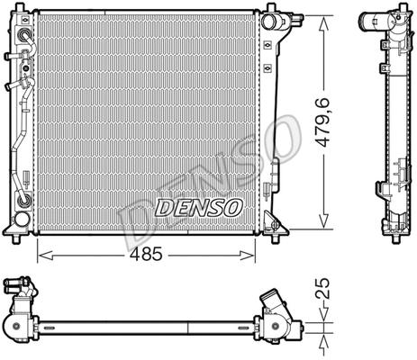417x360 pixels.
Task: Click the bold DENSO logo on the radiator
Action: [x=199, y=208]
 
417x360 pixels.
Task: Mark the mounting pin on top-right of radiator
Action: [x=267, y=13]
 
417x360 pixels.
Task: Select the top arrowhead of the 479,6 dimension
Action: [x=322, y=19]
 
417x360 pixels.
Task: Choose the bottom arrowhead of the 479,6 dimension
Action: [x=322, y=220]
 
